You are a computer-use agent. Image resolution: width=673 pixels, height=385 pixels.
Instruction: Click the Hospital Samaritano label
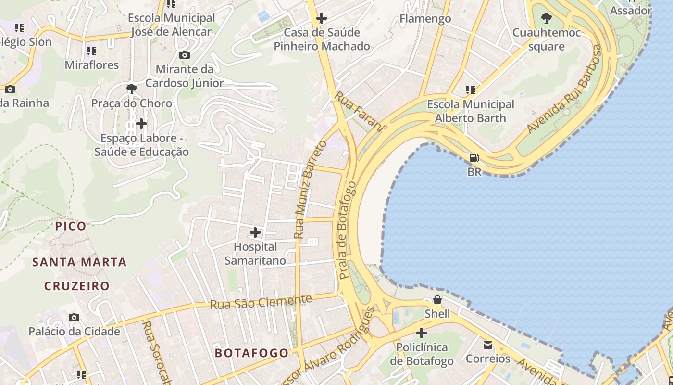click(255, 254)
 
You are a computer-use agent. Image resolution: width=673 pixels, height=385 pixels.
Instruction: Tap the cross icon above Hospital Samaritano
click(255, 233)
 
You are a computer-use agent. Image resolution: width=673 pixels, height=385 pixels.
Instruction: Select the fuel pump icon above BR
click(474, 157)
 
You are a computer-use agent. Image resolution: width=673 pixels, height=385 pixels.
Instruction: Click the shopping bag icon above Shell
click(437, 300)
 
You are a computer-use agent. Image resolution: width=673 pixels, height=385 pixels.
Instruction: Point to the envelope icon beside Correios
click(488, 345)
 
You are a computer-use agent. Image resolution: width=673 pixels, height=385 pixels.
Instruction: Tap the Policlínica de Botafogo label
click(422, 354)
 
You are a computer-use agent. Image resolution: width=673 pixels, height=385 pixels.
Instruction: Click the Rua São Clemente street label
click(261, 302)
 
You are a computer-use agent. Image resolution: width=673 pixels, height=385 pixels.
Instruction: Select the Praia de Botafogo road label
click(349, 231)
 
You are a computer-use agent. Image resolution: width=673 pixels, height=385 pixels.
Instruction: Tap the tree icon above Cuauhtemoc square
click(546, 19)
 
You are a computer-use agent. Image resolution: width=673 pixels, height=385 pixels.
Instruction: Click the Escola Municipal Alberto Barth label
click(471, 111)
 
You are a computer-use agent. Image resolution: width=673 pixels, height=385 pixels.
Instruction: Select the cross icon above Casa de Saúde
click(322, 19)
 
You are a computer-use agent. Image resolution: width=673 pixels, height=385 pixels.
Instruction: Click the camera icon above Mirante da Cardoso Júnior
click(184, 55)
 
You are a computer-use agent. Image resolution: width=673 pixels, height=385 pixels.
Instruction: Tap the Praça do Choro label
click(132, 103)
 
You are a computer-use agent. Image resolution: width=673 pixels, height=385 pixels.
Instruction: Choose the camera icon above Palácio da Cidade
click(74, 317)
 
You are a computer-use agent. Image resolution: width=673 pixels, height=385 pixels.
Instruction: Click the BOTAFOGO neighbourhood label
click(252, 353)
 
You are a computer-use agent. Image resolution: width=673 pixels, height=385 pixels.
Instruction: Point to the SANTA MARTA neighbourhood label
click(79, 262)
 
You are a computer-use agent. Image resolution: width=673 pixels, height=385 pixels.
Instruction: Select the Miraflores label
click(92, 65)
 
